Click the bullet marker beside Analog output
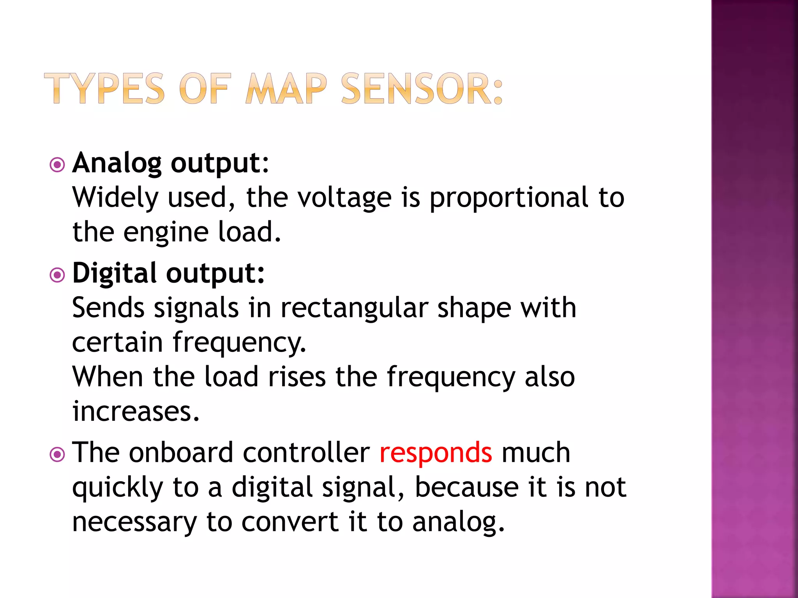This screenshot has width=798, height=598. [57, 165]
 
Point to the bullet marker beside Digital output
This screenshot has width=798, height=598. [57, 276]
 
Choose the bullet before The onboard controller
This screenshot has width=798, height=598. [57, 454]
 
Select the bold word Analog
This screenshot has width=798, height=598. [117, 164]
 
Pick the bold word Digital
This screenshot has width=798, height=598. [115, 274]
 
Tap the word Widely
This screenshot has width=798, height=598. [115, 198]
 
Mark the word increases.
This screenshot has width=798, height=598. [136, 412]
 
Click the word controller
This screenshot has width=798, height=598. [306, 453]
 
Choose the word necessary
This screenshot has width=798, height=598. [134, 522]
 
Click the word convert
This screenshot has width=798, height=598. [290, 522]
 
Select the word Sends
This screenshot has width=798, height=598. [108, 308]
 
